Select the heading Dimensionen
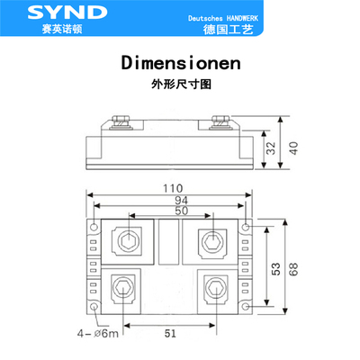point(179,66)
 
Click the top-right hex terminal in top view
point(213,241)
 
